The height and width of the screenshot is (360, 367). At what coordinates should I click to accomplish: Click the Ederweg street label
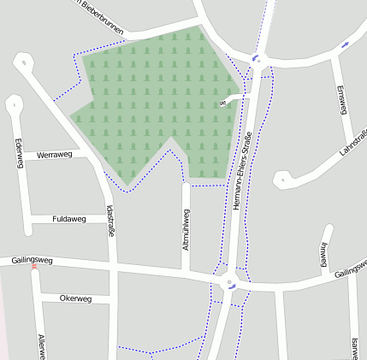(18, 154)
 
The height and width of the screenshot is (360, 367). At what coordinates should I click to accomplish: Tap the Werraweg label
(53, 156)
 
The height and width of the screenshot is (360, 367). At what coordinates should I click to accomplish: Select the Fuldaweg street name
(69, 219)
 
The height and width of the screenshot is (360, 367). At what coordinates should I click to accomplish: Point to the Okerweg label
(75, 298)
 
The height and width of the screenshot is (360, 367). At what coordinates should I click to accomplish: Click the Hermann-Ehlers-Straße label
(246, 167)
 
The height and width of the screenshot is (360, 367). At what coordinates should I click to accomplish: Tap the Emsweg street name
(341, 100)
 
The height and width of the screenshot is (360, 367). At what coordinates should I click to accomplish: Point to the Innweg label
(323, 255)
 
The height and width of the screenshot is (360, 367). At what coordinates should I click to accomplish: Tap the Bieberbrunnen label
(100, 18)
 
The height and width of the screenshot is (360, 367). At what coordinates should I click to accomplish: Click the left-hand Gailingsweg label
(33, 259)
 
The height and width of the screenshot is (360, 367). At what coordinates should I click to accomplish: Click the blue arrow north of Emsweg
(345, 44)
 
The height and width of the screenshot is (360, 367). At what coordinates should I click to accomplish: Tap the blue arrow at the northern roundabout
(255, 58)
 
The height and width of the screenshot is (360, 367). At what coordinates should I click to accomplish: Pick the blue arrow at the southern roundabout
(232, 287)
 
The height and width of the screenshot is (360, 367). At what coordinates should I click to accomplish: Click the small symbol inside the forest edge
(222, 103)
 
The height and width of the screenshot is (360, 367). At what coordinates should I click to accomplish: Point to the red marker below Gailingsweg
(34, 267)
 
